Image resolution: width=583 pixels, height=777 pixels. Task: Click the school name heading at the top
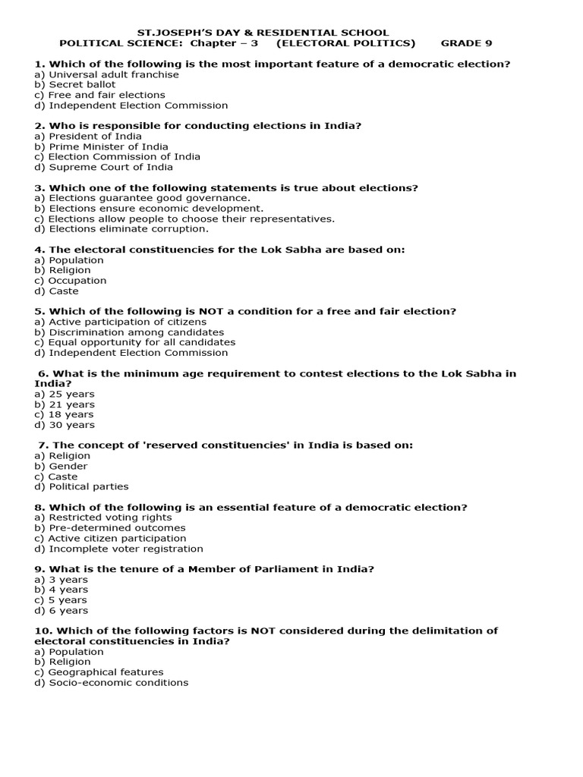pos(262,33)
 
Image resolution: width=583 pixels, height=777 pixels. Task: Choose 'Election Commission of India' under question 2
pos(117,157)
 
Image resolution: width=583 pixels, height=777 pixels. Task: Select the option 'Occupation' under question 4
pos(71,281)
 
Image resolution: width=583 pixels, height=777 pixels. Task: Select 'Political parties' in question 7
pos(81,487)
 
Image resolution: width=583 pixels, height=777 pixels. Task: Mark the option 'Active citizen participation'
pos(110,539)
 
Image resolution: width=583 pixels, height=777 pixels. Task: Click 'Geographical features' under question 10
pos(99,672)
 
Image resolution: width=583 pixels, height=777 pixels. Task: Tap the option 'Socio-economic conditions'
pos(112,683)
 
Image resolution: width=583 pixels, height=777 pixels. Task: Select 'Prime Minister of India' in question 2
pos(102,146)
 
